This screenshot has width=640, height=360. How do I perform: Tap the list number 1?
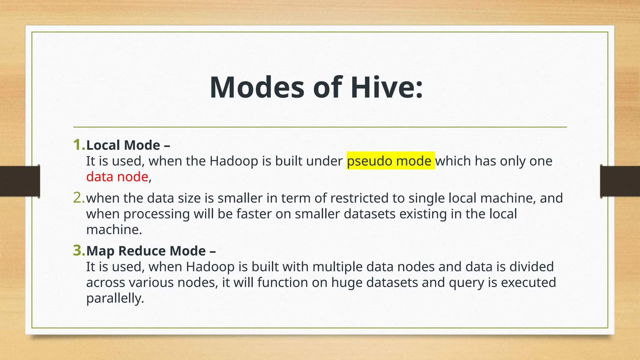click(x=79, y=145)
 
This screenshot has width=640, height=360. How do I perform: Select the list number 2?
click(x=79, y=198)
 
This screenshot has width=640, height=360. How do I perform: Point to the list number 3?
click(x=79, y=251)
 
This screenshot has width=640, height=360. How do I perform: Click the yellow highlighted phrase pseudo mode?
click(x=391, y=161)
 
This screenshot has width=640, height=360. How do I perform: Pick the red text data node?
click(x=117, y=177)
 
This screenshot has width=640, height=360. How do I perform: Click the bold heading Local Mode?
click(x=123, y=145)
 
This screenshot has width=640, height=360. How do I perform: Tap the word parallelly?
click(x=115, y=298)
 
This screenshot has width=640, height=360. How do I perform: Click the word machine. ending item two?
click(x=114, y=230)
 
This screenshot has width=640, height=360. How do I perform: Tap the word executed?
click(x=528, y=282)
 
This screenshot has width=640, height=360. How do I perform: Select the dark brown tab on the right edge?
click(x=620, y=181)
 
